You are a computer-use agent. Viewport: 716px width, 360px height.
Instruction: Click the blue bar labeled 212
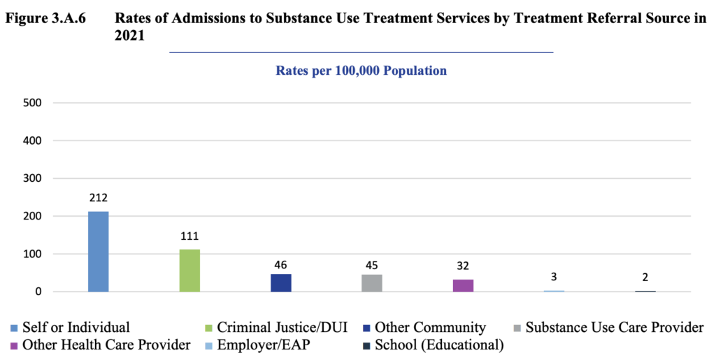[99, 252]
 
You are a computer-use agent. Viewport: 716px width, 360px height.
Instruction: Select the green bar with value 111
[189, 271]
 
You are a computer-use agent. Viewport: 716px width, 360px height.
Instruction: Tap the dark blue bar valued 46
[280, 282]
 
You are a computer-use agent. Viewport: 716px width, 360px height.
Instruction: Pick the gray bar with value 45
[372, 283]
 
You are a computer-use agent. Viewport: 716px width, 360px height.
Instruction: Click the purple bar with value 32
[463, 285]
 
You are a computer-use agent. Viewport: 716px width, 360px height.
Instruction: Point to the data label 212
[99, 199]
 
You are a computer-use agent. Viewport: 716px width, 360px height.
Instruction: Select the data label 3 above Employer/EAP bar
[554, 278]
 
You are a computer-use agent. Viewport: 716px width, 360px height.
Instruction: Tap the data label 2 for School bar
[645, 278]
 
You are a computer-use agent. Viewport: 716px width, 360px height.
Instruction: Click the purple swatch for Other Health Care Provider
[15, 345]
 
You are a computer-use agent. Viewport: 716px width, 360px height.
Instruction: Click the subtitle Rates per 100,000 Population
[361, 71]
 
